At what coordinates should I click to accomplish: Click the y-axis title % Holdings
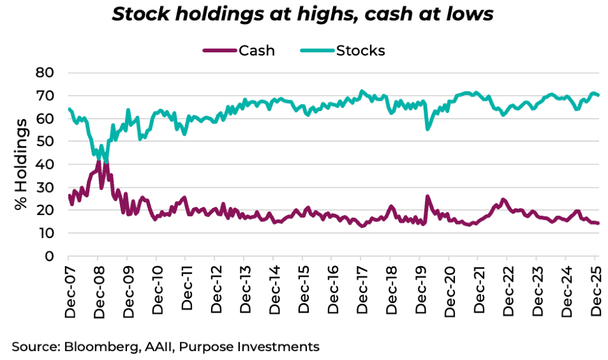pos(22,164)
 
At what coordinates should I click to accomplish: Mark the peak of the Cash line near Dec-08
pos(98,160)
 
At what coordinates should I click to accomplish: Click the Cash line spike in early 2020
pos(427,196)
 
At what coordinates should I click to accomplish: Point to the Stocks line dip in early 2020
pos(427,129)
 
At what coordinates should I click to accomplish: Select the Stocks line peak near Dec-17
pos(362,91)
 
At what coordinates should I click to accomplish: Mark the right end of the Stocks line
pos(598,95)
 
